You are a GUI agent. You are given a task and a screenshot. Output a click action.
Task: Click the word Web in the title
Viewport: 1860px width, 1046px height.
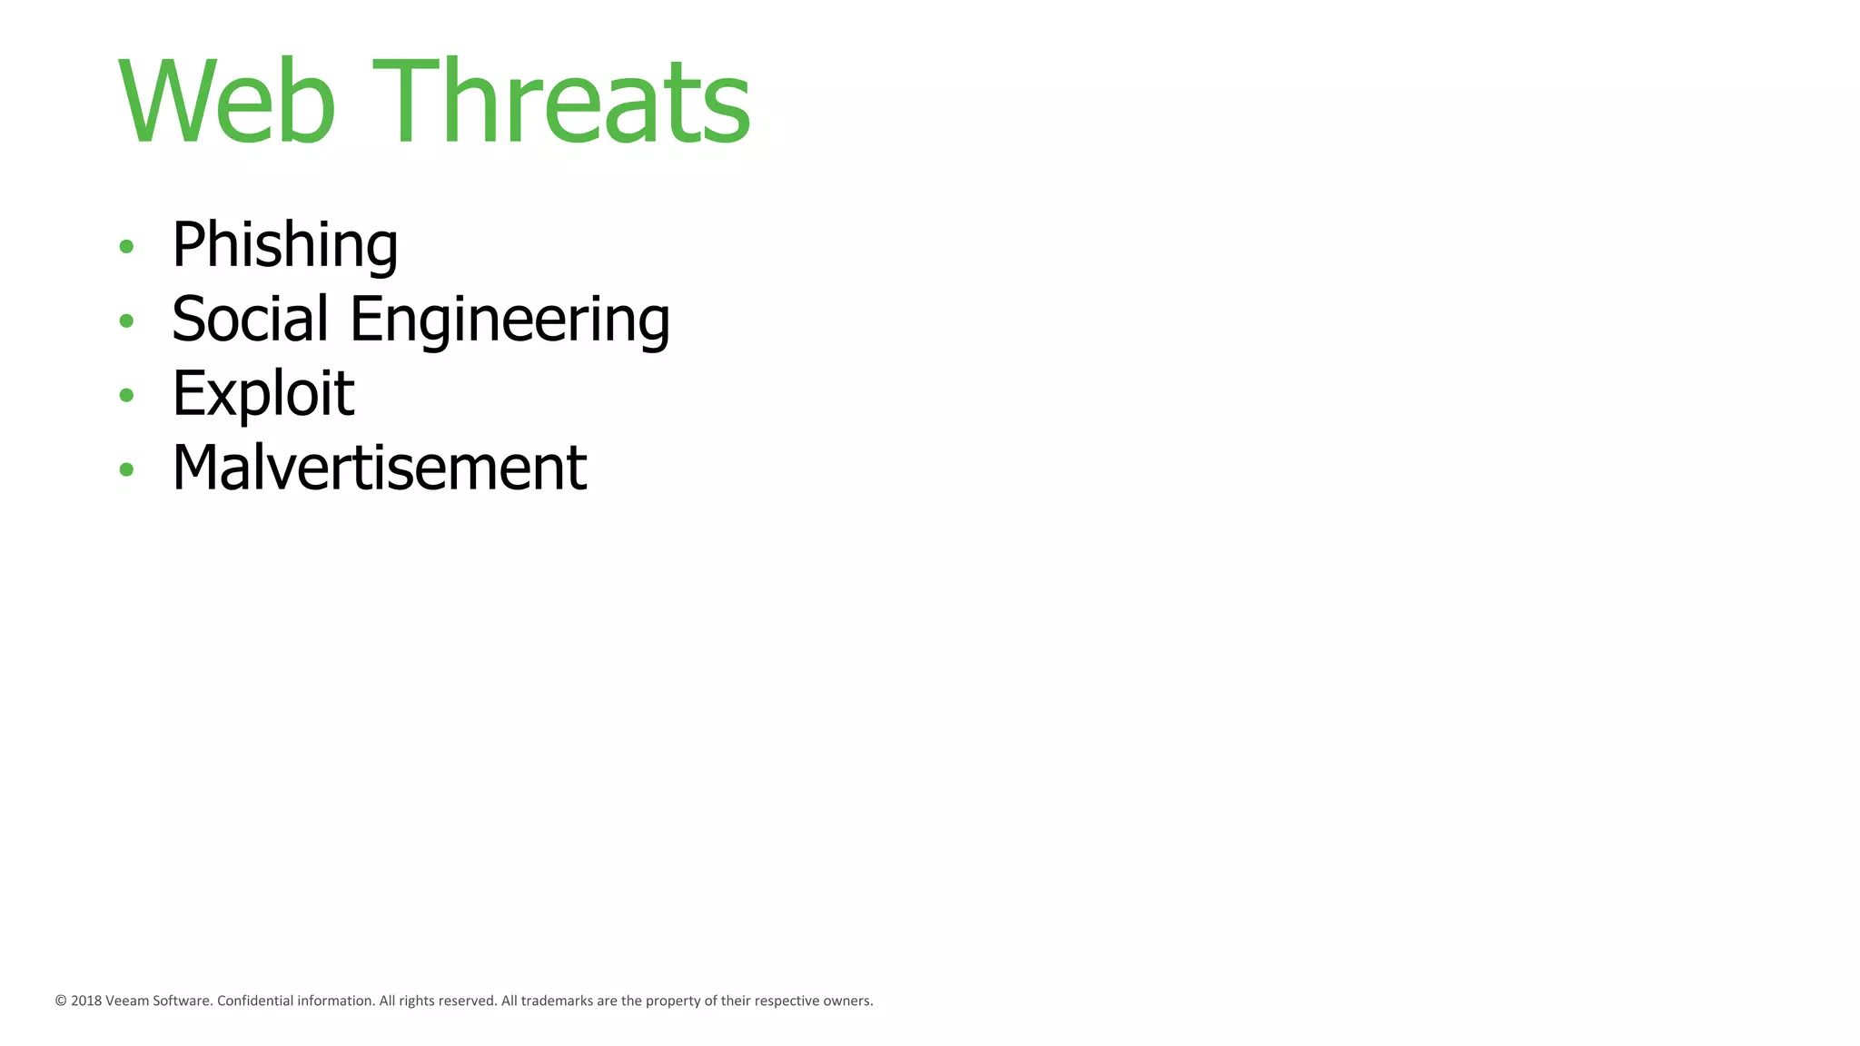click(227, 102)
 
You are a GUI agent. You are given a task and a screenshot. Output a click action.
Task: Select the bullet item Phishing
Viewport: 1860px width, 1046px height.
click(284, 245)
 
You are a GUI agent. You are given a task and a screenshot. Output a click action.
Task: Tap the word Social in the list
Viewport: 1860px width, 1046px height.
click(250, 320)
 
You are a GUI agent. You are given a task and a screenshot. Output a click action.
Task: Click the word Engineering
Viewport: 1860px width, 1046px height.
click(510, 321)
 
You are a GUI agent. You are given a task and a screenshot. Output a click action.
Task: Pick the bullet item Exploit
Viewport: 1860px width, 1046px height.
click(262, 394)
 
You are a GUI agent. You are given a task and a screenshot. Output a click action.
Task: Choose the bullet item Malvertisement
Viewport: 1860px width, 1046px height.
click(379, 469)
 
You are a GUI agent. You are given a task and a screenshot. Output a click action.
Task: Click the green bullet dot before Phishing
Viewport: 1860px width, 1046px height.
click(126, 246)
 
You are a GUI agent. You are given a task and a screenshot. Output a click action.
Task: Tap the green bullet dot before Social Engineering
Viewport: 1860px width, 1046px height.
click(126, 321)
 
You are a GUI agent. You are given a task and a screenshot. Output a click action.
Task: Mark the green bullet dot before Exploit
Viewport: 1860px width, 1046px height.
click(126, 395)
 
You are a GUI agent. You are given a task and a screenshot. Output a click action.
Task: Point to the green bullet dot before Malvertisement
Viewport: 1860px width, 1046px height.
click(126, 469)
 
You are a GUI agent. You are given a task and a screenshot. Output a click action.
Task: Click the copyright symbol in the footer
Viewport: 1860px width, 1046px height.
click(61, 1002)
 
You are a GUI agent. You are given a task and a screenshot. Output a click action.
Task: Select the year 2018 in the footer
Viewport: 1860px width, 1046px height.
click(86, 1002)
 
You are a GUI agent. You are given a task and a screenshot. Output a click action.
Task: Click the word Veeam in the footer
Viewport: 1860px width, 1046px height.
click(127, 1002)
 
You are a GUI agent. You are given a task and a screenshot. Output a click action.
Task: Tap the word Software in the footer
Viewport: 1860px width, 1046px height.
click(183, 1002)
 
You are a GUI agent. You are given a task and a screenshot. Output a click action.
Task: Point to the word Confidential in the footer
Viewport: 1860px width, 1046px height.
click(255, 1002)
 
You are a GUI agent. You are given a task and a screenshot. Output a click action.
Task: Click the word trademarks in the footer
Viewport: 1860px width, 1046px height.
click(557, 1002)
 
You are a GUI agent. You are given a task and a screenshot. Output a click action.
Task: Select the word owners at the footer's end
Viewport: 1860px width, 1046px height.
click(847, 1002)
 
